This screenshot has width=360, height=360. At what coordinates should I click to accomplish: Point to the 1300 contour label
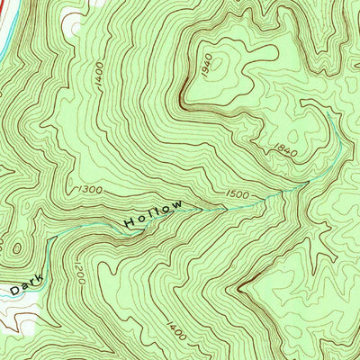click(x=90, y=190)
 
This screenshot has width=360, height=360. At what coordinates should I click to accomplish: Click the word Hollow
click(x=154, y=214)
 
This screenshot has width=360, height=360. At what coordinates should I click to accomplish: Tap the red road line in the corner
click(x=4, y=36)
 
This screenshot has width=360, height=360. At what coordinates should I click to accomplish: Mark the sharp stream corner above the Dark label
click(x=50, y=238)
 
